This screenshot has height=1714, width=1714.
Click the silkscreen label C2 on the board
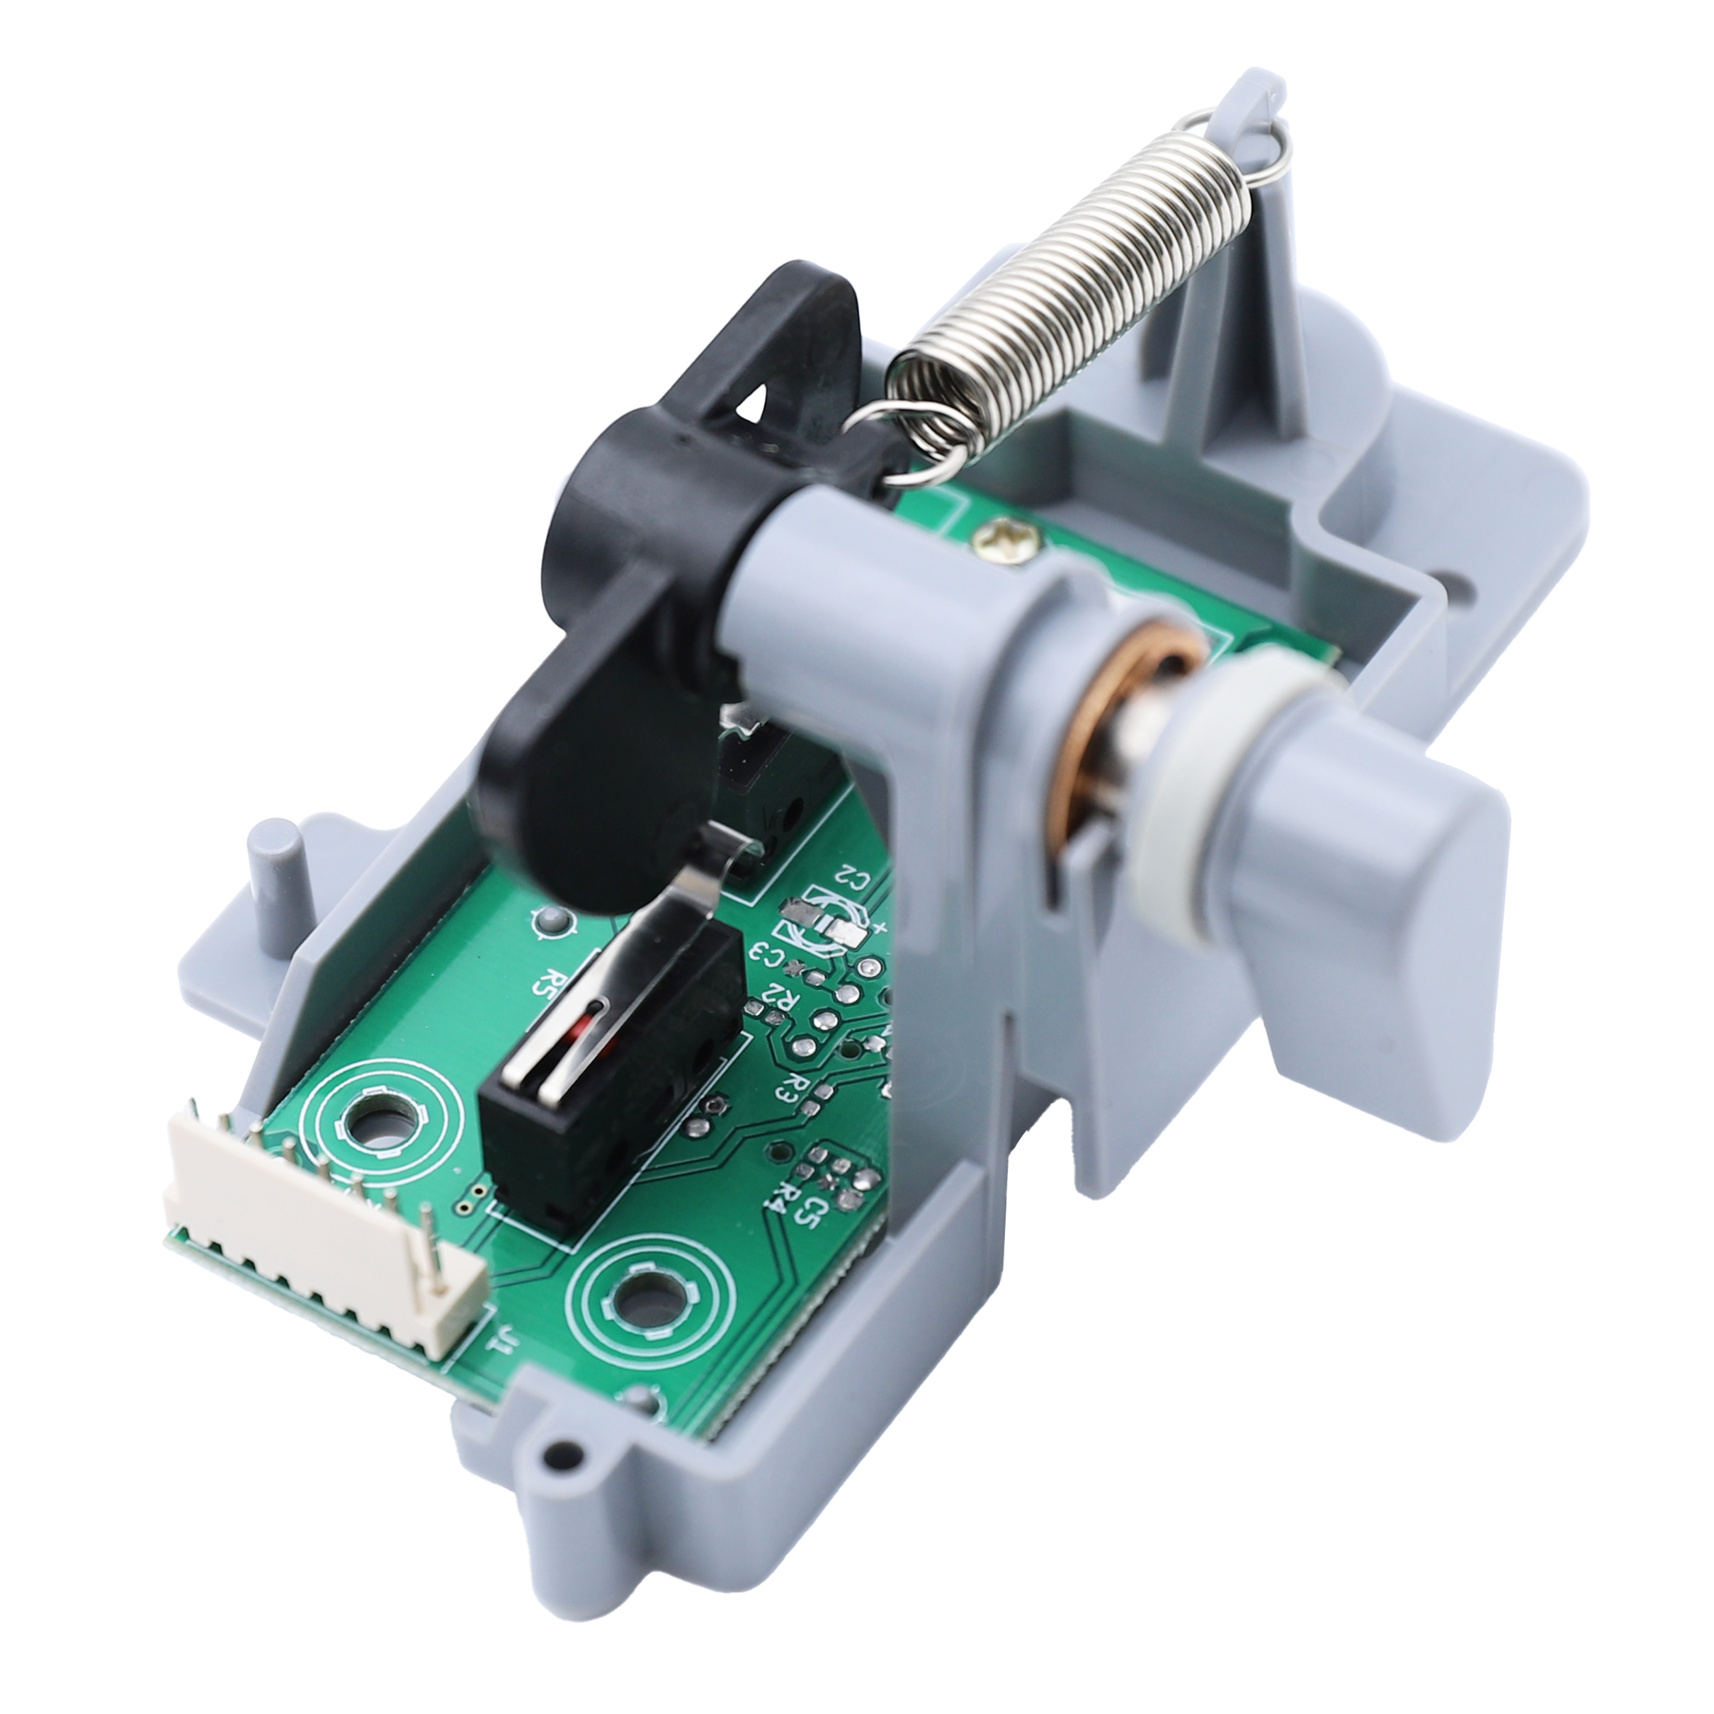(851, 881)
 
